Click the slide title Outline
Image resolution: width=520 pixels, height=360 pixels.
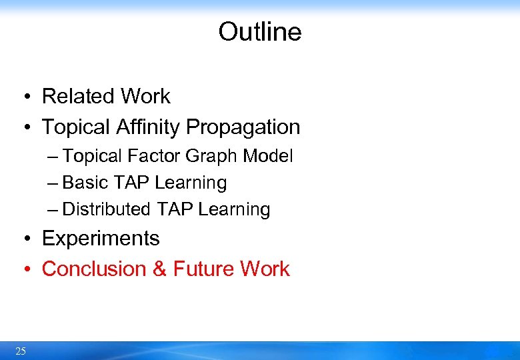[259, 32]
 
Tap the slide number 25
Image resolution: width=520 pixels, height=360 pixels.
[21, 351]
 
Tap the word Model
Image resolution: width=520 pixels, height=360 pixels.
[268, 156]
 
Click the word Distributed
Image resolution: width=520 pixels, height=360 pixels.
[107, 209]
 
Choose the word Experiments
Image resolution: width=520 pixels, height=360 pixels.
[101, 239]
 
